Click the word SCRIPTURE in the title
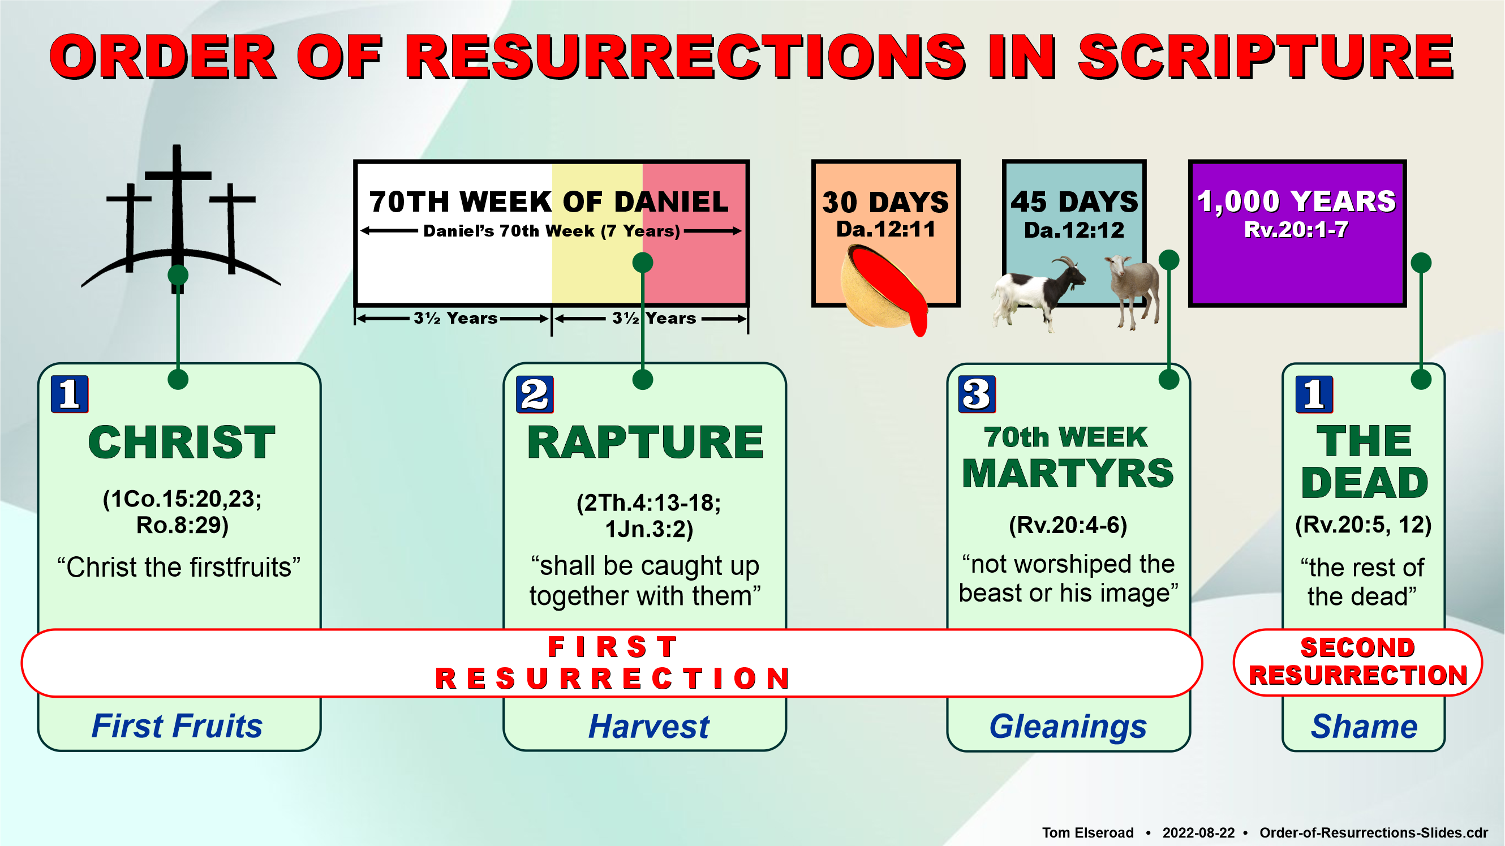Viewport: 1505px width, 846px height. point(1266,57)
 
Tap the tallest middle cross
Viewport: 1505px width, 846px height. point(177,216)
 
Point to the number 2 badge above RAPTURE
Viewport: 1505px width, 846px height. point(535,394)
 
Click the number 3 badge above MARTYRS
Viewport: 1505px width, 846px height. point(977,394)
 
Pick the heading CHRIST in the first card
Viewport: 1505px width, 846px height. point(182,443)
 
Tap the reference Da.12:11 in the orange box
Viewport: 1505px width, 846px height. point(885,230)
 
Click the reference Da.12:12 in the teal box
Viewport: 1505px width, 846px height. point(1074,230)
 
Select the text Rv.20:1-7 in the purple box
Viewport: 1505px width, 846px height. point(1296,230)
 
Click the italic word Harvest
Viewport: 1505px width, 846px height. point(648,726)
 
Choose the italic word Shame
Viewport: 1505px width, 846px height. point(1364,726)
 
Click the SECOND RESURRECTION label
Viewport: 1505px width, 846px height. point(1358,662)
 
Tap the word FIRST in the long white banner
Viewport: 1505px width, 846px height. point(612,647)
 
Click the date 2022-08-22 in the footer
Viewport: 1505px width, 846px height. point(1198,832)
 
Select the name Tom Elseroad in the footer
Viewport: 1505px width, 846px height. point(1088,832)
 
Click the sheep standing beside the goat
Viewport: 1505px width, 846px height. point(1133,290)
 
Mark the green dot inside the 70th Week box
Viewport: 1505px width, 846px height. point(643,263)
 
